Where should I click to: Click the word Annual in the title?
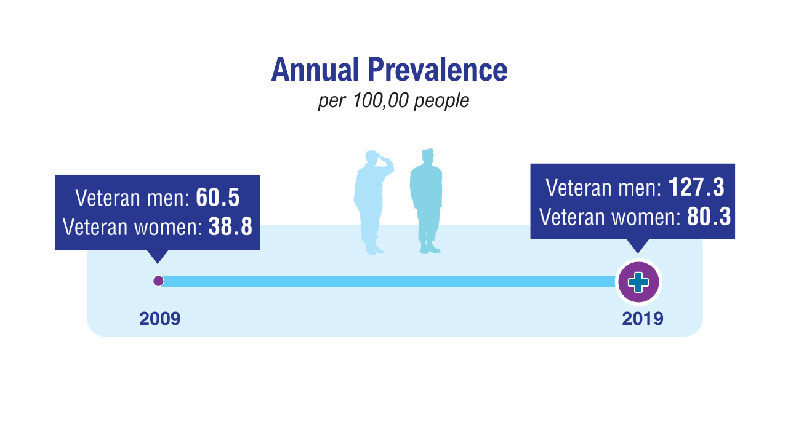(x=315, y=70)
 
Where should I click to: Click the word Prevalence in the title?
(x=438, y=70)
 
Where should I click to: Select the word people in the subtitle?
(x=441, y=102)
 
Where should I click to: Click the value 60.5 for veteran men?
(x=218, y=198)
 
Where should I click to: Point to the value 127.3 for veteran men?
(x=696, y=187)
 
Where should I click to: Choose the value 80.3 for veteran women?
(x=709, y=216)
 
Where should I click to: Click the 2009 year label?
(x=159, y=319)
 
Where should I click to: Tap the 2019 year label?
(x=642, y=319)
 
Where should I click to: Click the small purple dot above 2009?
(x=158, y=281)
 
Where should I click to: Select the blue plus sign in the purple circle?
(x=638, y=282)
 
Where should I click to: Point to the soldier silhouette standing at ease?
(x=426, y=202)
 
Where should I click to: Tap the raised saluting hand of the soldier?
(x=385, y=160)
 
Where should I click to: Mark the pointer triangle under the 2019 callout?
(x=638, y=245)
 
